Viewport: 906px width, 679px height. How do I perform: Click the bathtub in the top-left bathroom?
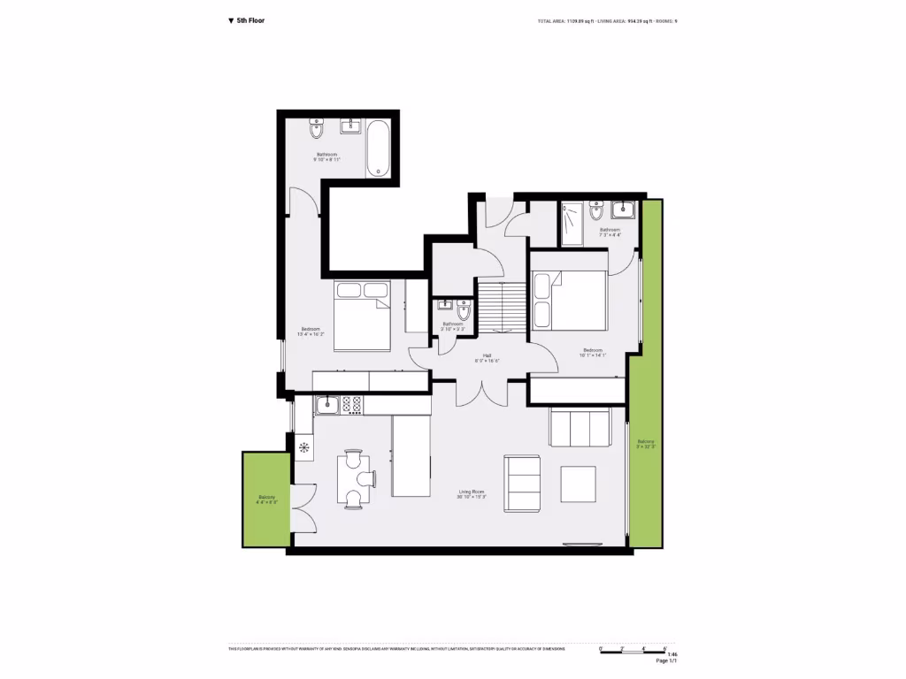378,147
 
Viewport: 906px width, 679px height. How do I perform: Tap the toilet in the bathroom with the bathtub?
316,130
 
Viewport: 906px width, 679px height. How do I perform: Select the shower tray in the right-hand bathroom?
572,225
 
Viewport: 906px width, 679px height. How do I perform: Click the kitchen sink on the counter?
326,405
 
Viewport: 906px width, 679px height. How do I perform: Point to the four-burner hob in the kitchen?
351,405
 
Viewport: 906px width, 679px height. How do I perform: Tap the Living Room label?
472,494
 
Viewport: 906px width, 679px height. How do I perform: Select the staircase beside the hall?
502,307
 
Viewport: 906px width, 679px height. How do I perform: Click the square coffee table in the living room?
580,483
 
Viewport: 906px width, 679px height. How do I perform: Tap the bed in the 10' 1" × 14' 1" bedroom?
571,301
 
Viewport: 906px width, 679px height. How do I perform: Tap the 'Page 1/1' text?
666,660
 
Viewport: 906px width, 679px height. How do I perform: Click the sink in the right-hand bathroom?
622,210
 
